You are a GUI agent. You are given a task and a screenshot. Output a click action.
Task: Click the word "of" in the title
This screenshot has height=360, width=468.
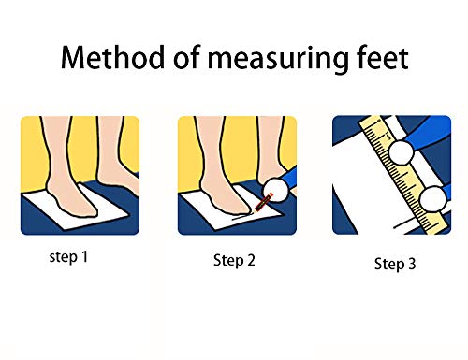(x=186, y=57)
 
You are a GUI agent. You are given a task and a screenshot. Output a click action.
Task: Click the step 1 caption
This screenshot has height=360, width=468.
(x=68, y=257)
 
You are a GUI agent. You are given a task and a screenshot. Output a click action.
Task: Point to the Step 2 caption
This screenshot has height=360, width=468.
(x=234, y=260)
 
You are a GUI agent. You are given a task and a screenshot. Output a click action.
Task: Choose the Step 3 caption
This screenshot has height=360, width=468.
(x=395, y=264)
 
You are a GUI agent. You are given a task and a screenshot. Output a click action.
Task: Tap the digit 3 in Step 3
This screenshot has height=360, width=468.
(x=412, y=264)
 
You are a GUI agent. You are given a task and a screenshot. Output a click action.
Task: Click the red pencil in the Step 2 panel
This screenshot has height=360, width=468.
(x=263, y=203)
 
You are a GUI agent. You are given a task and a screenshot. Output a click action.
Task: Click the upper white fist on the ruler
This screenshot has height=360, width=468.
(x=402, y=152)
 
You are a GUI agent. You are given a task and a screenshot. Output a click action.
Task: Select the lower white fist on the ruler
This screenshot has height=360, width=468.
(x=433, y=198)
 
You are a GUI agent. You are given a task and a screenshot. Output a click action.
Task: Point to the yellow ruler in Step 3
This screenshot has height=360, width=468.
(x=405, y=175)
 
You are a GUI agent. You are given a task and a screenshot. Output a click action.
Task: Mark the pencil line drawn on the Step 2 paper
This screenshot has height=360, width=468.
(x=242, y=217)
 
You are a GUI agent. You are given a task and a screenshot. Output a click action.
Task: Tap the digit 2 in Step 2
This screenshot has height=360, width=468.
(x=251, y=260)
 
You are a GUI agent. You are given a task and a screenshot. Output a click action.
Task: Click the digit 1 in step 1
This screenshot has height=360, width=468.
(x=84, y=256)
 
